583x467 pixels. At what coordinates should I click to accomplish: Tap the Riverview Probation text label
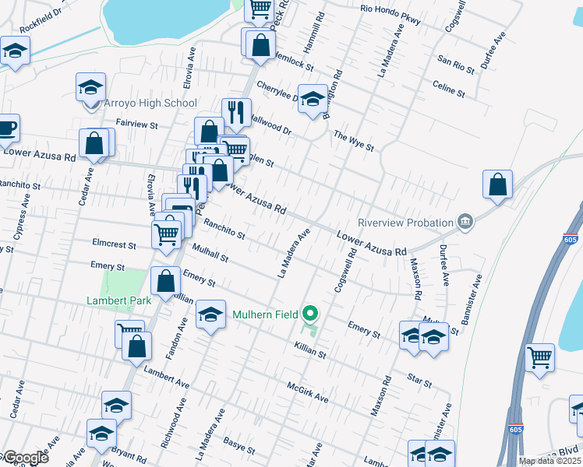pos(405,223)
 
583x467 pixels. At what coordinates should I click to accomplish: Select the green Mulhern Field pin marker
pos(310,314)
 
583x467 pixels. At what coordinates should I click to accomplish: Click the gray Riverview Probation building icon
pos(465,223)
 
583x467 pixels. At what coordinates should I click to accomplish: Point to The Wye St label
pos(354,140)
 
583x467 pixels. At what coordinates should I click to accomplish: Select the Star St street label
pos(419,381)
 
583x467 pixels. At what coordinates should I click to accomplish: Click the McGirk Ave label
pos(308,392)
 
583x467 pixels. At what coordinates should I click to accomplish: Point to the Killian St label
pos(309,349)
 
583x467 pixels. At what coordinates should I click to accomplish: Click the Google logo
pos(25,458)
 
